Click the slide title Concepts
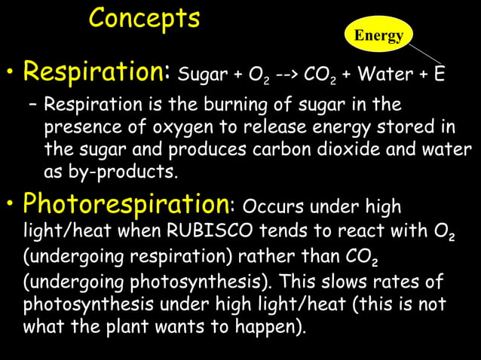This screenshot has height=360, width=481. click(144, 19)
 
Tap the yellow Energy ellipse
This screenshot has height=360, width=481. click(378, 35)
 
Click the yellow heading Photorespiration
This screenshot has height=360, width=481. click(125, 203)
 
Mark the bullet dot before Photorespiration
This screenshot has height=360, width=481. click(11, 204)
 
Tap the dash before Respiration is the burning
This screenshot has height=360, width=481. click(34, 103)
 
